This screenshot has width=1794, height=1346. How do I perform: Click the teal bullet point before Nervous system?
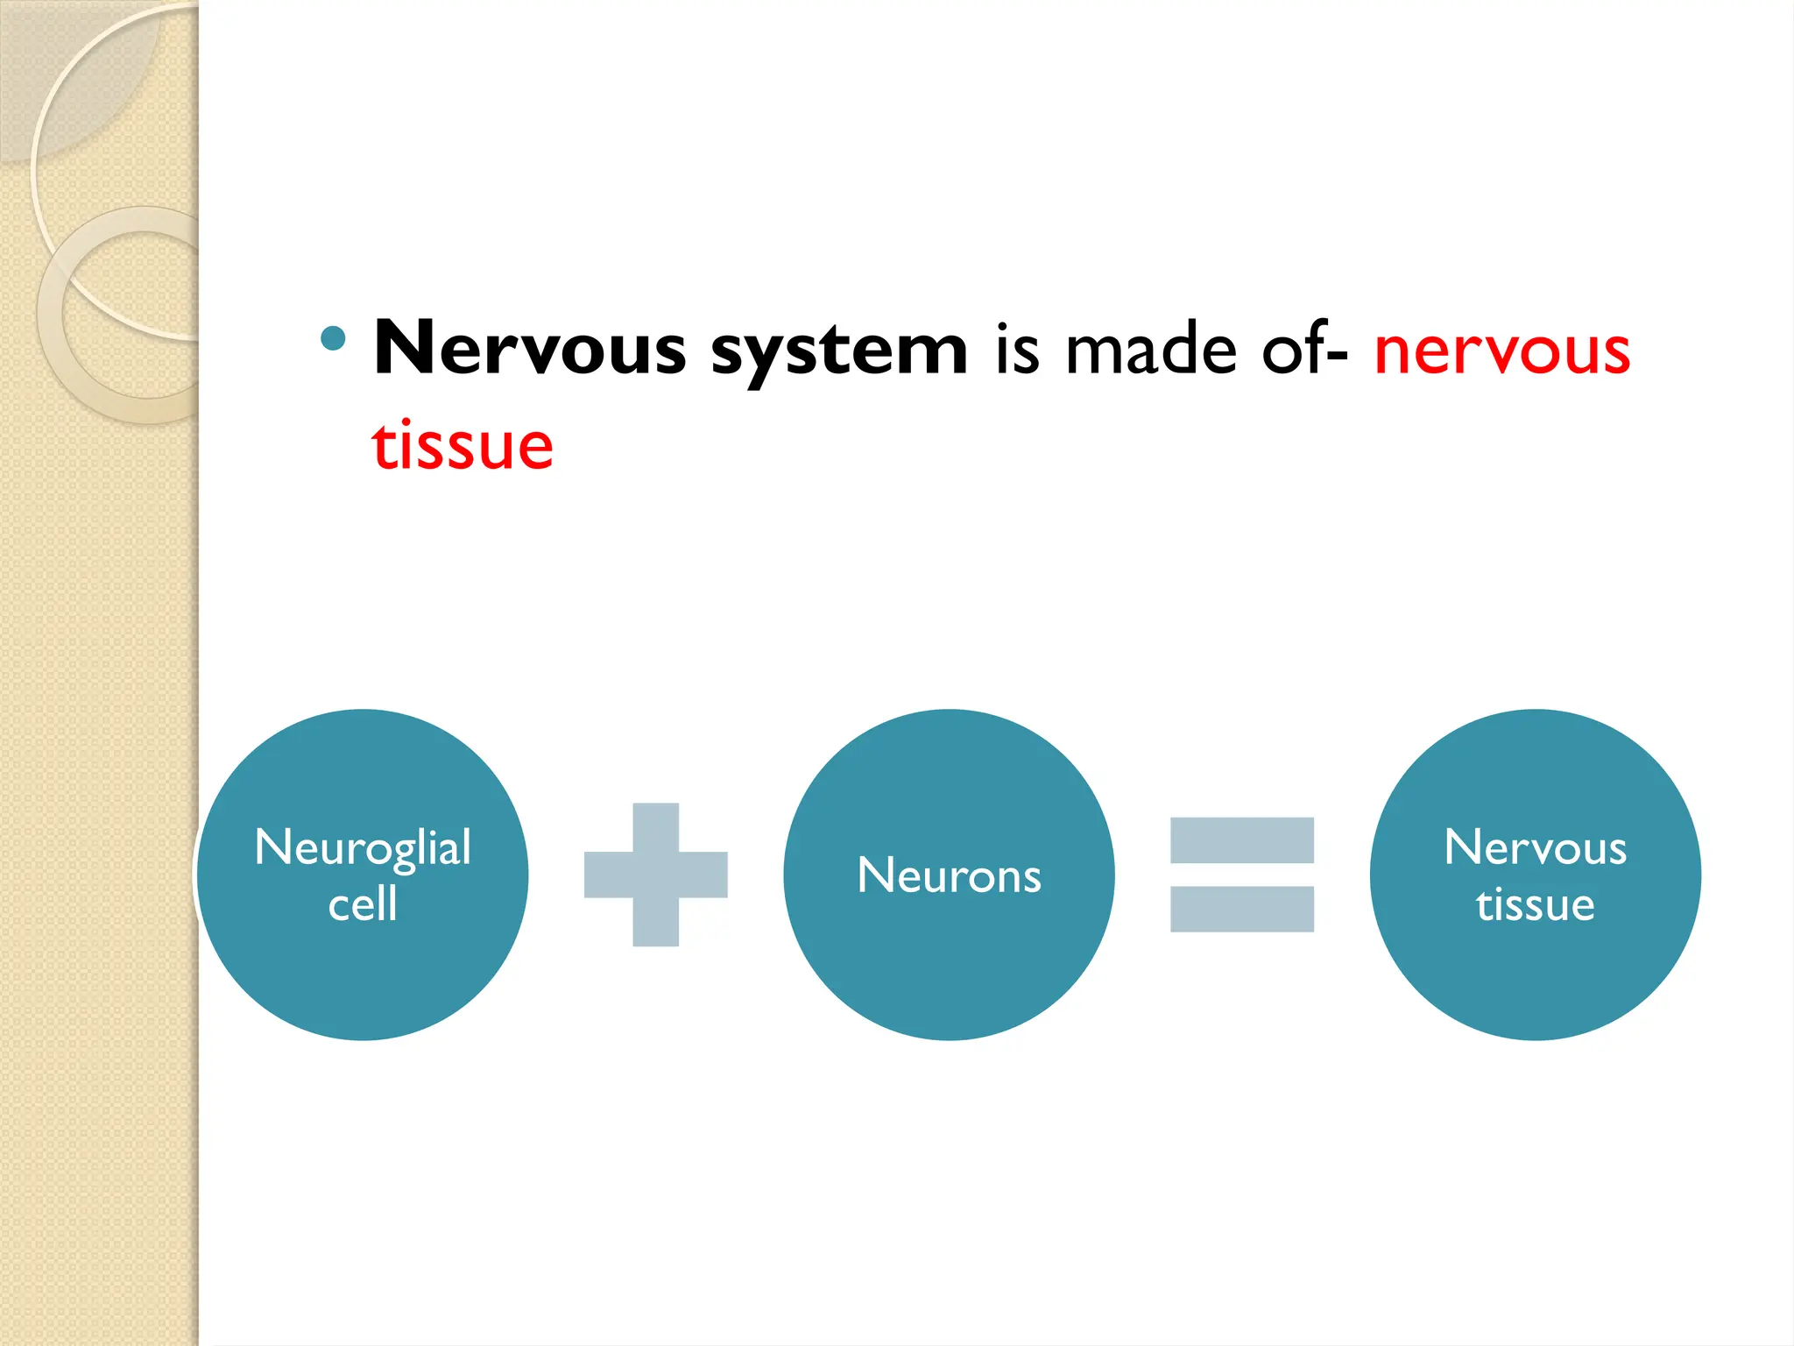pyautogui.click(x=333, y=338)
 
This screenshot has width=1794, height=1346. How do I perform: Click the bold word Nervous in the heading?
pyautogui.click(x=529, y=350)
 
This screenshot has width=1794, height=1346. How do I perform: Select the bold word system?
pyautogui.click(x=838, y=351)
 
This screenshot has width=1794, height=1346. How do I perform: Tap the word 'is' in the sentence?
pyautogui.click(x=1017, y=350)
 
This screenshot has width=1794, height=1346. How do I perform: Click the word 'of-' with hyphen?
pyautogui.click(x=1304, y=350)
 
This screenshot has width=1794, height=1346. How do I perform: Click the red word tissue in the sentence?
pyautogui.click(x=463, y=446)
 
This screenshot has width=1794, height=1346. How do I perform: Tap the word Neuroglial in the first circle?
pyautogui.click(x=363, y=847)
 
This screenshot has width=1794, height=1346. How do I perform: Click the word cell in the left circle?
pyautogui.click(x=363, y=904)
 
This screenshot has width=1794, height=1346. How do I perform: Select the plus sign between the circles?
pyautogui.click(x=655, y=875)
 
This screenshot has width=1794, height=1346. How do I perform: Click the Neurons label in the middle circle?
pyautogui.click(x=949, y=875)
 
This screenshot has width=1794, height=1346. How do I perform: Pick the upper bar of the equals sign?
pyautogui.click(x=1241, y=839)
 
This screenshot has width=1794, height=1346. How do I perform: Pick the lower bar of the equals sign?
pyautogui.click(x=1241, y=909)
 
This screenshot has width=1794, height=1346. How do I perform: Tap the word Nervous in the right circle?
pyautogui.click(x=1535, y=847)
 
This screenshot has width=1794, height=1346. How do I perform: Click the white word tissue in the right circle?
pyautogui.click(x=1535, y=904)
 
